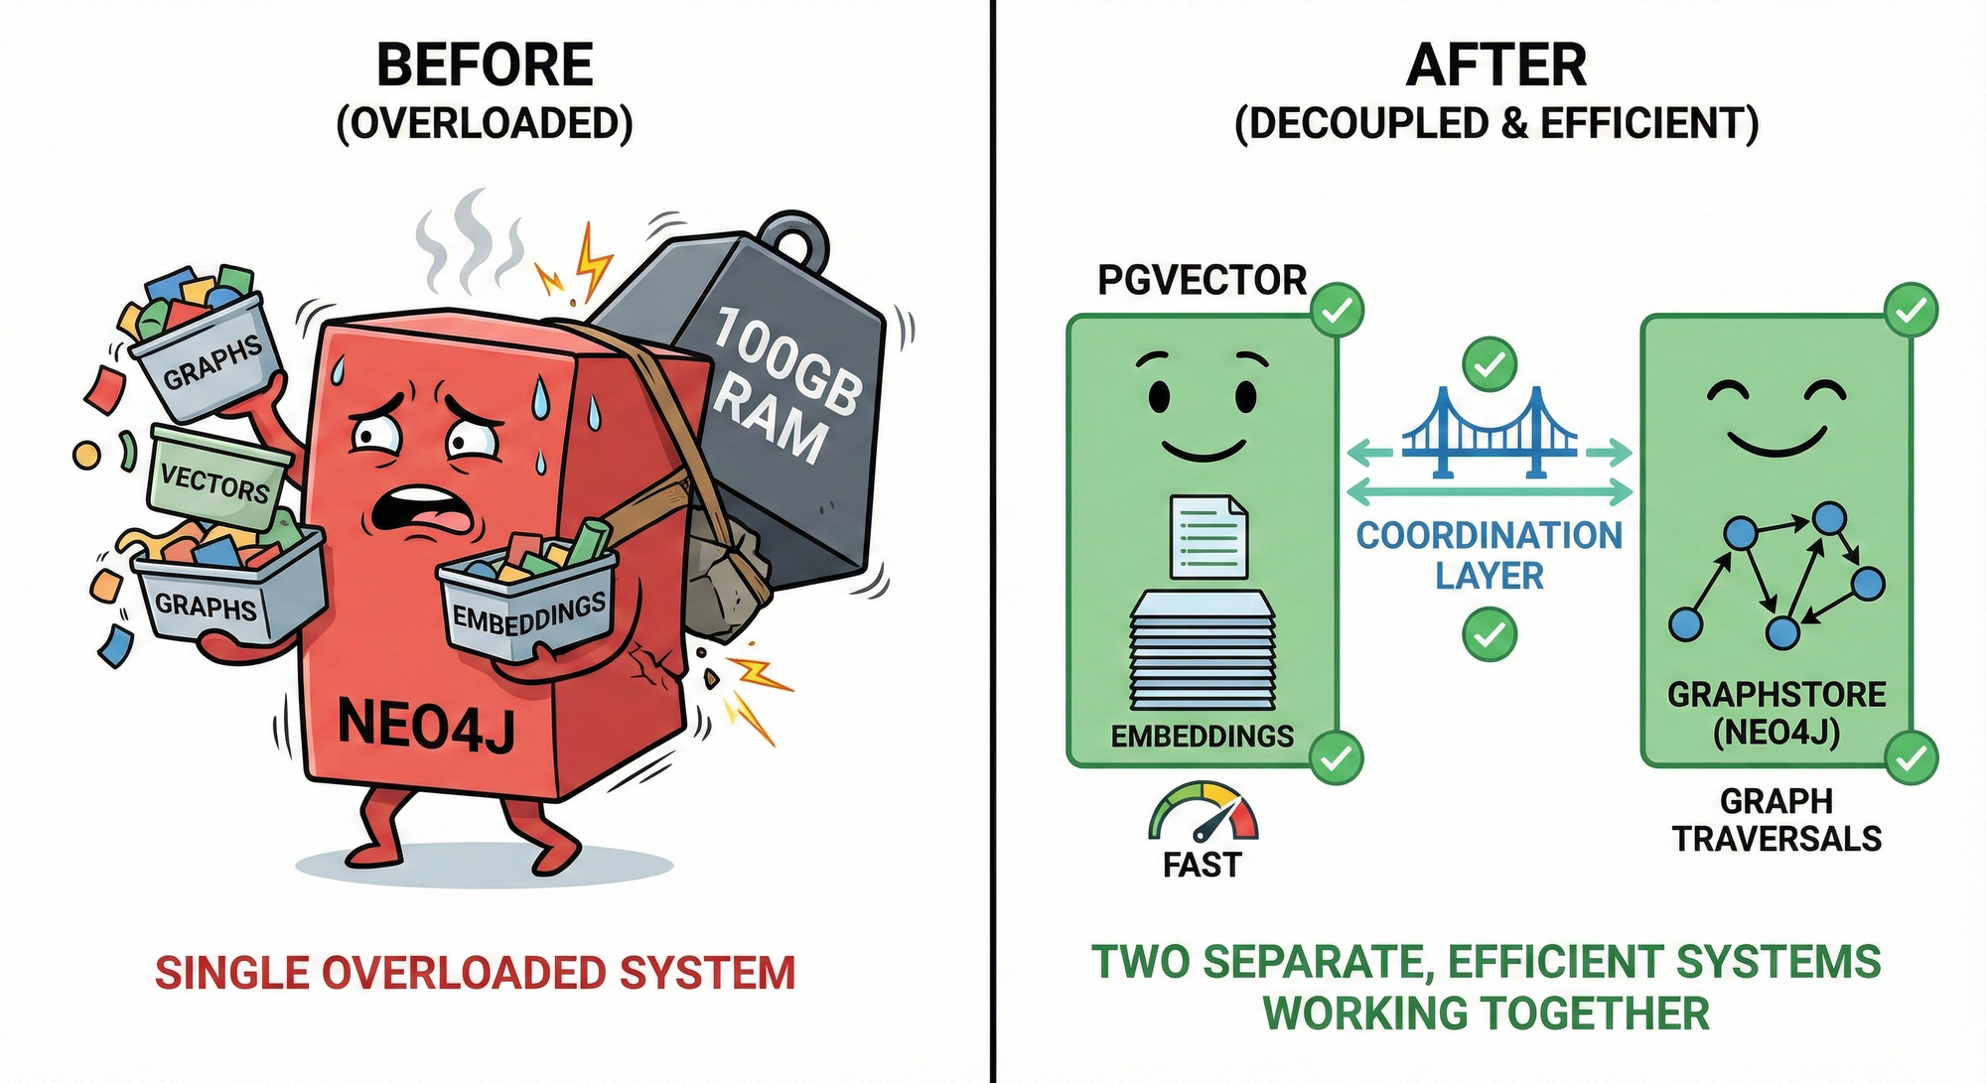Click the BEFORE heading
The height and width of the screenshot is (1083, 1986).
click(x=485, y=66)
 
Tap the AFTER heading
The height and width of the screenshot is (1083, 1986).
click(x=1496, y=66)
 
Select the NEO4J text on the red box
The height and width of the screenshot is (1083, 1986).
click(x=427, y=723)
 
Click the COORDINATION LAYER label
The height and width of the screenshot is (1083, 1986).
click(x=1489, y=555)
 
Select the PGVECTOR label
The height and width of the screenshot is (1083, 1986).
click(x=1202, y=281)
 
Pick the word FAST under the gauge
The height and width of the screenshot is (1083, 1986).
click(x=1202, y=866)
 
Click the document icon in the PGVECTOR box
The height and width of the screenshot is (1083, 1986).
click(x=1208, y=537)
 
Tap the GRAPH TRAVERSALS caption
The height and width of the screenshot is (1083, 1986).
click(x=1776, y=820)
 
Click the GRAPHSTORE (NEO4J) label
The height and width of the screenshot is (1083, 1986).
click(x=1776, y=713)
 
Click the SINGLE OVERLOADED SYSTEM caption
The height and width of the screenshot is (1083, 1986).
click(x=475, y=973)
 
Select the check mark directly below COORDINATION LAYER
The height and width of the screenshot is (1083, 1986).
click(x=1489, y=633)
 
